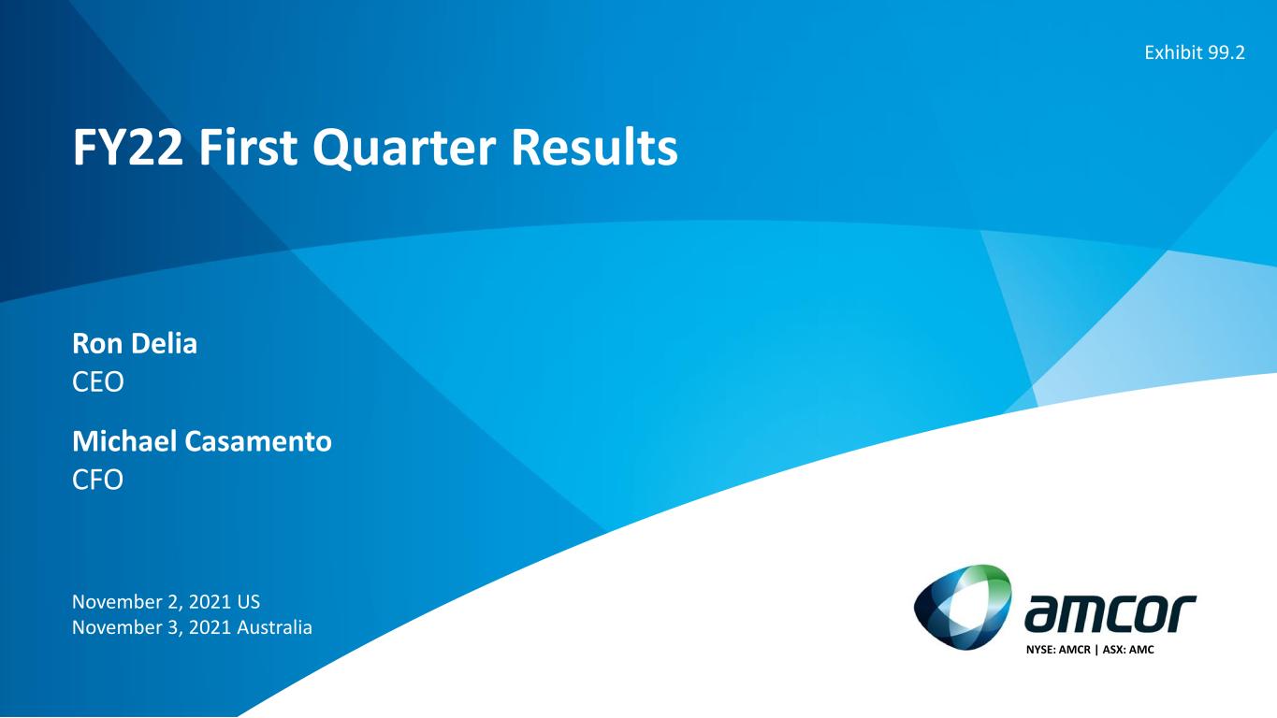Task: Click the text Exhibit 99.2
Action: (x=1195, y=52)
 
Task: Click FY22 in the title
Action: (x=127, y=148)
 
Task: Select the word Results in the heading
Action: (x=594, y=148)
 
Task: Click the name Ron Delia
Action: (x=135, y=344)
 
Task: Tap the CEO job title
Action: (x=97, y=381)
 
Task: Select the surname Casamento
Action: (x=258, y=441)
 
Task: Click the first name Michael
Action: (x=124, y=441)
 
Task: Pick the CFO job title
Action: (x=97, y=480)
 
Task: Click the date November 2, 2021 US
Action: (x=166, y=602)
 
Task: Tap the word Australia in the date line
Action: (x=274, y=627)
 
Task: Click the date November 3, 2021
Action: (x=151, y=627)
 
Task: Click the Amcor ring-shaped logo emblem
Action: (x=963, y=607)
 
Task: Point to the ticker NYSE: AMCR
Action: (x=1058, y=650)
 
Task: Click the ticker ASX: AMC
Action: (x=1128, y=650)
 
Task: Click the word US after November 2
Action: (x=249, y=602)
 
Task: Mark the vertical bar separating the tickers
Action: (x=1096, y=650)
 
